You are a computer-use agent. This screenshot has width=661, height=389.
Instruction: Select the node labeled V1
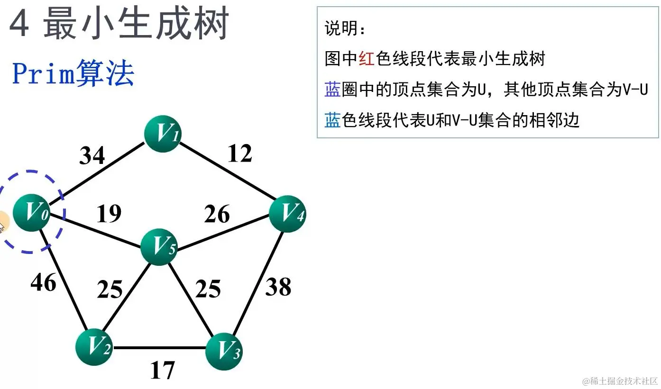click(x=163, y=134)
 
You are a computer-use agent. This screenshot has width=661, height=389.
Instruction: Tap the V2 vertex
click(x=94, y=348)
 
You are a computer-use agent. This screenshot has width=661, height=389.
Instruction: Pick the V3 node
click(x=224, y=351)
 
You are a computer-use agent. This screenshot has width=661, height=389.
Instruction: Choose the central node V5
click(x=159, y=246)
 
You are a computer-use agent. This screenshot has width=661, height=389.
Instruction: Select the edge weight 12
click(x=239, y=153)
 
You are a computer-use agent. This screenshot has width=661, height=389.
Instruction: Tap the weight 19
click(x=109, y=214)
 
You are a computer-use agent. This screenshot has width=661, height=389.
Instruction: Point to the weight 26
click(x=217, y=214)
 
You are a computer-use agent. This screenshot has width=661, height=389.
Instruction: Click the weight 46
click(x=43, y=283)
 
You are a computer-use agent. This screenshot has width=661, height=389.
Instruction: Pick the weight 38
click(x=278, y=287)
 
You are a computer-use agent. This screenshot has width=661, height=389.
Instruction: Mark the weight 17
click(x=162, y=370)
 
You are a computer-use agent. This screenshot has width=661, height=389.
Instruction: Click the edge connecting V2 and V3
click(x=159, y=349)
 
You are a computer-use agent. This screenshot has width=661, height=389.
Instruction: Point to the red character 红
click(x=367, y=59)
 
